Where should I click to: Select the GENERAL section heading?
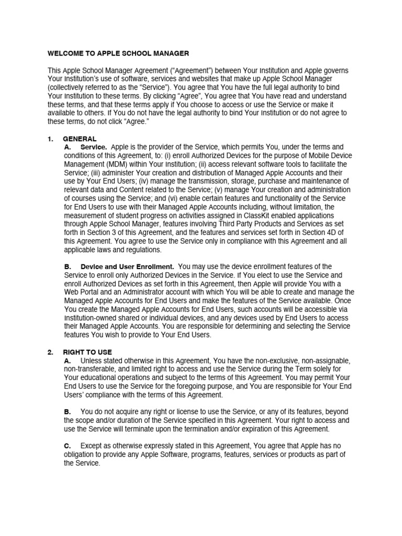pyautogui.click(x=80, y=139)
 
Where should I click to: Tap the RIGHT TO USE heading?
pyautogui.click(x=87, y=352)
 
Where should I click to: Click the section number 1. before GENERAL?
pyautogui.click(x=51, y=139)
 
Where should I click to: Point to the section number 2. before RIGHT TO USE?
pyautogui.click(x=51, y=352)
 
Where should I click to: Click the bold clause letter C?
pyautogui.click(x=68, y=445)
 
